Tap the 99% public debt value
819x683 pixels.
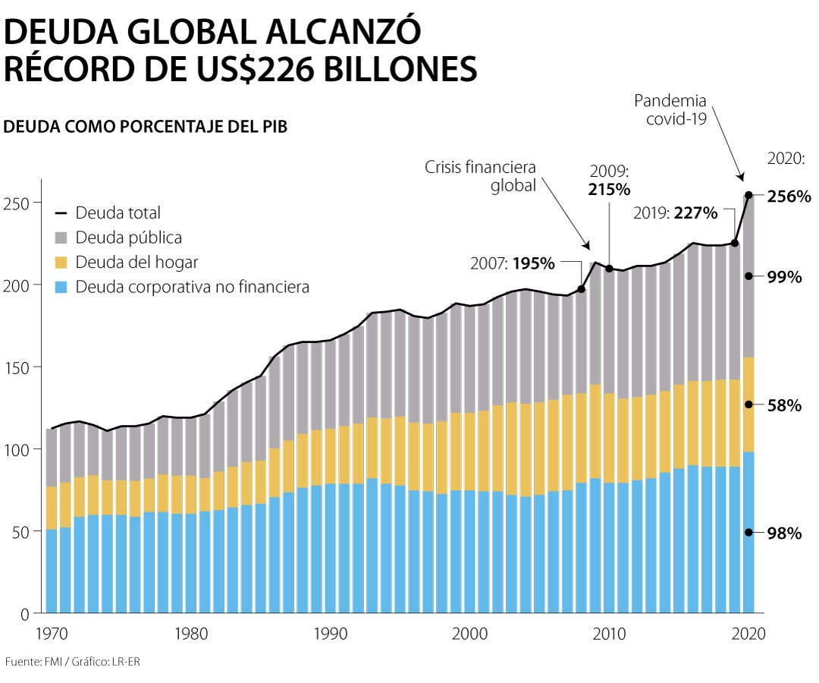pos(784,277)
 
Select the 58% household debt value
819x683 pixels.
pos(784,405)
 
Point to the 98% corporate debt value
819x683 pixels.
pos(784,533)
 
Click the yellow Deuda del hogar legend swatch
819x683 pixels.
pos(62,263)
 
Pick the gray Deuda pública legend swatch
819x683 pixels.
pos(62,238)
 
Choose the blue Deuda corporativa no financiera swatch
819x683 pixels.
pos(62,287)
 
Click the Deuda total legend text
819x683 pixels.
pos(118,213)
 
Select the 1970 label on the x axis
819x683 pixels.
pos(50,634)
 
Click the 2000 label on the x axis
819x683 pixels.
pos(470,634)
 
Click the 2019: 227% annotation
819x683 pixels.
pos(676,213)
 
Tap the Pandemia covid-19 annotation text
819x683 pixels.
pos(670,110)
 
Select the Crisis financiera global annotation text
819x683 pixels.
pos(480,176)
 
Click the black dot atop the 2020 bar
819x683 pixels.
pos(749,196)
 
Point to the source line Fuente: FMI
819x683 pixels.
pos(72,662)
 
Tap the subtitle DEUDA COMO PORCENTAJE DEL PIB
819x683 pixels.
pos(146,127)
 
